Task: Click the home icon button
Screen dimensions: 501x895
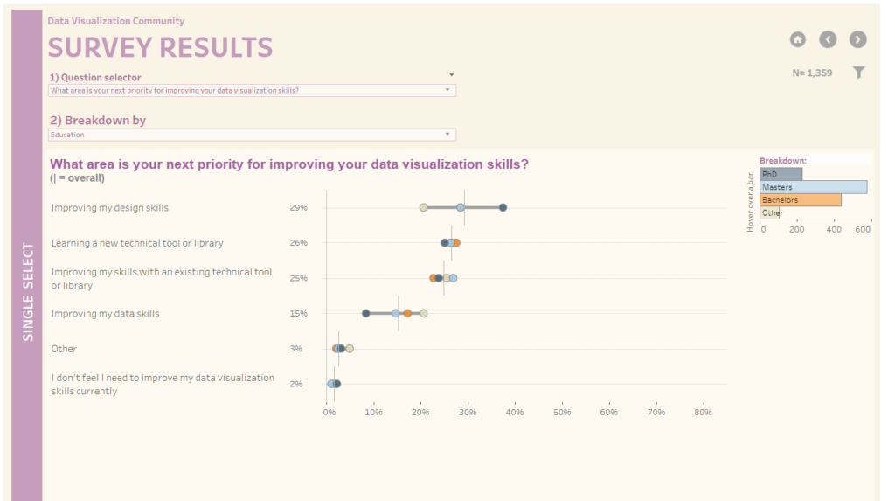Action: pyautogui.click(x=797, y=39)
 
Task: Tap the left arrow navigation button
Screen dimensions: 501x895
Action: pyautogui.click(x=828, y=39)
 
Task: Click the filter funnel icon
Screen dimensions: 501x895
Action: pyautogui.click(x=859, y=73)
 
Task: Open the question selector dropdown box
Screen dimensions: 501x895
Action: pyautogui.click(x=252, y=90)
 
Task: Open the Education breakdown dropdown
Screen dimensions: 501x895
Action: pyautogui.click(x=252, y=135)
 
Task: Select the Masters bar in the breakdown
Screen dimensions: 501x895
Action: pyautogui.click(x=813, y=187)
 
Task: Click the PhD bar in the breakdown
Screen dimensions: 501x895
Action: pyautogui.click(x=781, y=174)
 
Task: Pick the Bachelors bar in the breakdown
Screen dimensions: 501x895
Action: pyautogui.click(x=800, y=200)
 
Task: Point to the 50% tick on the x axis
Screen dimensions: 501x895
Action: pyautogui.click(x=562, y=412)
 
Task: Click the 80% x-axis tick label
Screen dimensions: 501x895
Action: pyautogui.click(x=703, y=412)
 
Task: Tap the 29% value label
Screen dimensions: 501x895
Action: pyautogui.click(x=298, y=208)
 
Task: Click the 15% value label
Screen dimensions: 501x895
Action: pyautogui.click(x=298, y=313)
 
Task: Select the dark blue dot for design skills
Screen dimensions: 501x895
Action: pyautogui.click(x=503, y=207)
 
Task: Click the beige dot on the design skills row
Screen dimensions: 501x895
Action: pyautogui.click(x=423, y=207)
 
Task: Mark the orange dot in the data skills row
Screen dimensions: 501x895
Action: pyautogui.click(x=407, y=313)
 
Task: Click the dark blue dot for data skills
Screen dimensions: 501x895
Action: pyautogui.click(x=365, y=313)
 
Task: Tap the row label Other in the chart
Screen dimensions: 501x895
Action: pyautogui.click(x=65, y=349)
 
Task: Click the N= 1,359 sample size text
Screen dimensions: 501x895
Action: pyautogui.click(x=812, y=73)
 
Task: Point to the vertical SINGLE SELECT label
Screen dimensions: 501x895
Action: pyautogui.click(x=28, y=293)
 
